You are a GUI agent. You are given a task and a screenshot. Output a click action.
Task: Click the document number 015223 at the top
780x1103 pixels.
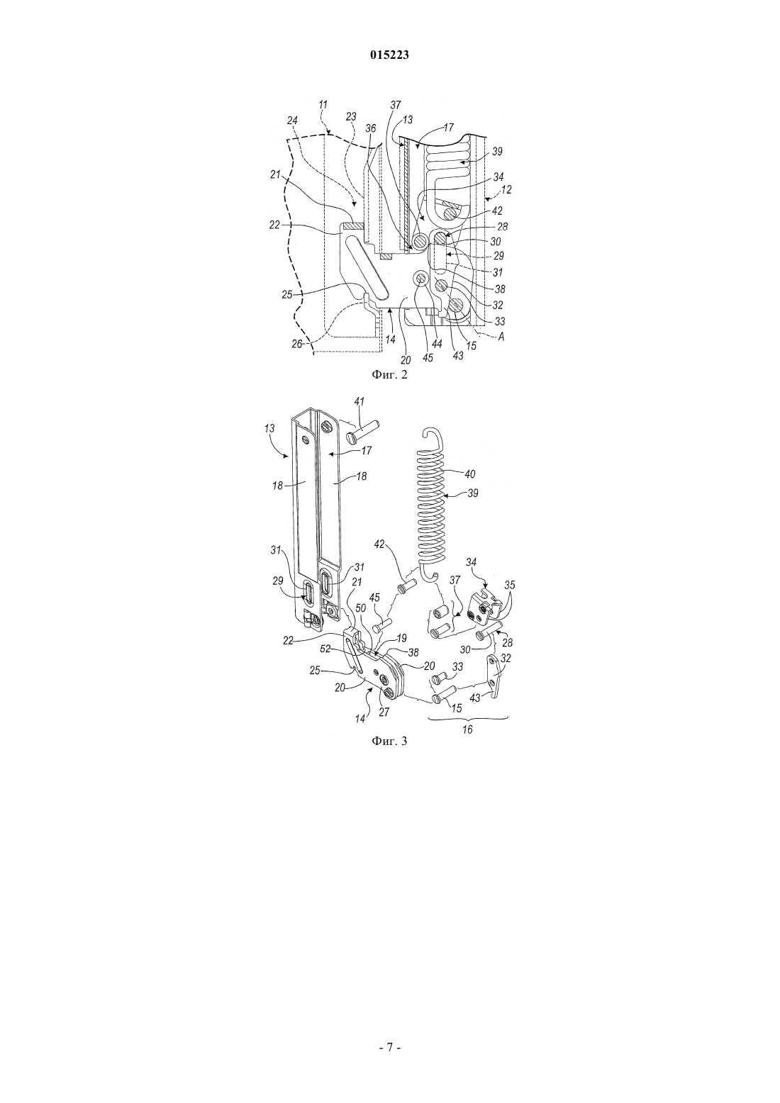[389, 55]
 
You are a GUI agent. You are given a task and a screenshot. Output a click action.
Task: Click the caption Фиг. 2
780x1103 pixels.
[389, 375]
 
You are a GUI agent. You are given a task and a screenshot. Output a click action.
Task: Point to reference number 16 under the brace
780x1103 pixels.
[467, 729]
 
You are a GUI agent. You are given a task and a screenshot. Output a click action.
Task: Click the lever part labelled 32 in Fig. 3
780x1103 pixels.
[494, 676]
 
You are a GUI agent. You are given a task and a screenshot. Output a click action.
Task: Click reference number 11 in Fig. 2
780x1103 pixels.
[323, 104]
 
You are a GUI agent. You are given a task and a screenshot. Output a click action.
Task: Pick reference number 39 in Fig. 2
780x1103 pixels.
[497, 152]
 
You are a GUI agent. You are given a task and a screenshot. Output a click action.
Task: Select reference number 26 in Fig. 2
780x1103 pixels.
[297, 344]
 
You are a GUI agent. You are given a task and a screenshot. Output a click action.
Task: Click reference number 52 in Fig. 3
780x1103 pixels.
[325, 649]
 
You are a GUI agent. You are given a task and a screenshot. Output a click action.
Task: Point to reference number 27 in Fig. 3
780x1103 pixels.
[384, 712]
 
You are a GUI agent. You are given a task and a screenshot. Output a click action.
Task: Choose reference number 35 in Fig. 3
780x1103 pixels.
[510, 585]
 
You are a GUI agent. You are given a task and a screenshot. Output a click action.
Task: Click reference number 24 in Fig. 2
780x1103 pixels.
[292, 121]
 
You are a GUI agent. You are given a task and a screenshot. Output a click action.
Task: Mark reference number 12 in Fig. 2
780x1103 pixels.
[506, 189]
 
